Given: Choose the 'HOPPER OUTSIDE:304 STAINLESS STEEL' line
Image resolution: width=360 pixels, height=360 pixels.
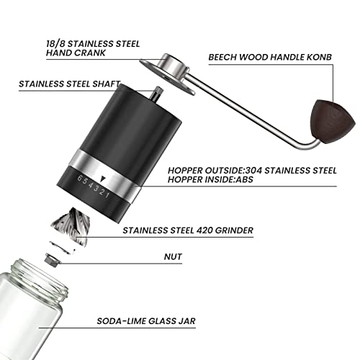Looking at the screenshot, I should pyautogui.click(x=252, y=171).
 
